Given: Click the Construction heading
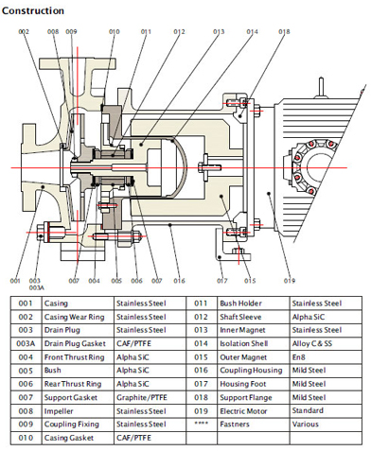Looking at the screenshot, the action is [33, 11].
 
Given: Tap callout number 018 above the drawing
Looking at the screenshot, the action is [284, 31].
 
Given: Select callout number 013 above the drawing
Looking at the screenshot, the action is [219, 31].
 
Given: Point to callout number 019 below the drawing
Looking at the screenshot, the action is [290, 281].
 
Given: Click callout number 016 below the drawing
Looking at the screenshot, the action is [179, 281].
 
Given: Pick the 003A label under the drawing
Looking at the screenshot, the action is [37, 287].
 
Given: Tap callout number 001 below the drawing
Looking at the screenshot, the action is [15, 281].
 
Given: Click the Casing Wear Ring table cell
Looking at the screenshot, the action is [74, 317].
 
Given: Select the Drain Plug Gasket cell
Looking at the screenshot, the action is [75, 343].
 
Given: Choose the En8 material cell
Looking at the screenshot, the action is [299, 357].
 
